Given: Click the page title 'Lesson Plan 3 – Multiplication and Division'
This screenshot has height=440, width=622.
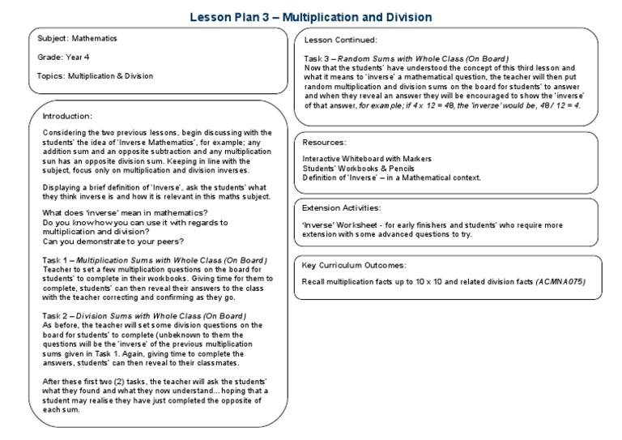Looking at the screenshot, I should click(311, 16).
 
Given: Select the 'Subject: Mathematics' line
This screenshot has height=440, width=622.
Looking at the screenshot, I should click(77, 38).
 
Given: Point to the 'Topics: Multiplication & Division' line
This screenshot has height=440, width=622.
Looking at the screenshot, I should click(95, 76).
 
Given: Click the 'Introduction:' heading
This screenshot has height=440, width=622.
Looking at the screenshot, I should click(68, 116).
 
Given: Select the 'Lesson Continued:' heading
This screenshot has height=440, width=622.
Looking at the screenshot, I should click(341, 40).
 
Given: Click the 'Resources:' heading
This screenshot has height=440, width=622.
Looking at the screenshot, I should click(324, 142).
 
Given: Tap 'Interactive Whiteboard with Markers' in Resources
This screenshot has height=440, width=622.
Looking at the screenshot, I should click(367, 158).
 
